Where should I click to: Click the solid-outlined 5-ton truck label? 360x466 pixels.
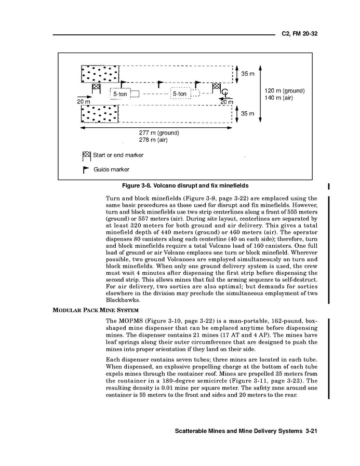(120, 94)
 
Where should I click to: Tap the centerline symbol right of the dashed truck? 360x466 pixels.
(224, 94)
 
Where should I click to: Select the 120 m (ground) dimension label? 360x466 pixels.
(285, 91)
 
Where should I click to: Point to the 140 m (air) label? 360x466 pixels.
(280, 98)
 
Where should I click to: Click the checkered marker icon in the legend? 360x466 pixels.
(86, 155)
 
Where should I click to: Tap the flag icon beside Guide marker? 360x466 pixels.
(86, 169)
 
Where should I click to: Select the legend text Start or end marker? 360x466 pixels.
(118, 155)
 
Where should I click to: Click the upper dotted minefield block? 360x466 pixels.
(99, 74)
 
